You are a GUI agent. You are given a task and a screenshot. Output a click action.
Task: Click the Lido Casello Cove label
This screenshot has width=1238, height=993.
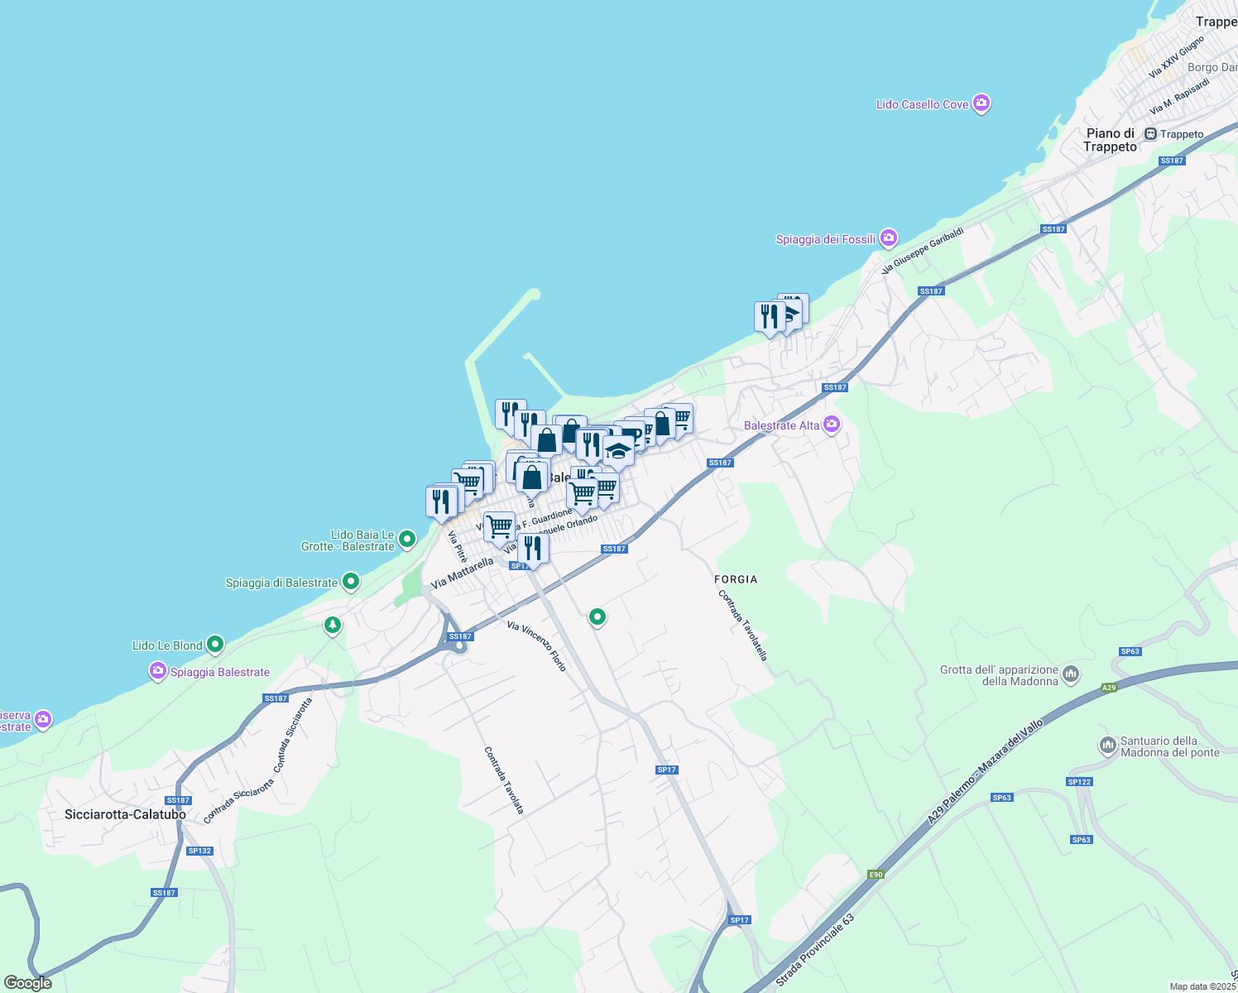coord(922,105)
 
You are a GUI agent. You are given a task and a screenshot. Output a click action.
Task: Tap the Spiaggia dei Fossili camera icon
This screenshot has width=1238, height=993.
coord(889,238)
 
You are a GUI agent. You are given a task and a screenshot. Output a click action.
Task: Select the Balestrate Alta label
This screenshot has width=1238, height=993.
coord(781,425)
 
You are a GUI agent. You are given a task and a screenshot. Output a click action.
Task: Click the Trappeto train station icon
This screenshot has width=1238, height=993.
coord(1150,134)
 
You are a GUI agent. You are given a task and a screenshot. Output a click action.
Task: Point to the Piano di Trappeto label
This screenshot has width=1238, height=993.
coord(1110,140)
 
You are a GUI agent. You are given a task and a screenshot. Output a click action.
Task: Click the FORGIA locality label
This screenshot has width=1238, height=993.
coord(736,579)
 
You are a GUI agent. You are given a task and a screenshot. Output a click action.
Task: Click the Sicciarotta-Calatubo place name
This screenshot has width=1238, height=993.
coord(125,814)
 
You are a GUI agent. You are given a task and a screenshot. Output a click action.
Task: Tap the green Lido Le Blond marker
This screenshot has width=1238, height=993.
coord(215,644)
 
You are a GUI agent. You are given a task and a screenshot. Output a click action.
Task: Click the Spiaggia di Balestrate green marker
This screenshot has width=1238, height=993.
coord(351,582)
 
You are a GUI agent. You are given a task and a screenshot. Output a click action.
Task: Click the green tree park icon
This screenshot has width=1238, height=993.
coord(333,625)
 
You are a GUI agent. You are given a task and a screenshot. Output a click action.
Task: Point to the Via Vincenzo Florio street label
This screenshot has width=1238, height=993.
coord(537,646)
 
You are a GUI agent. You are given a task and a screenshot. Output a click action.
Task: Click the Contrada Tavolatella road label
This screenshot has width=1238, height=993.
coord(742,625)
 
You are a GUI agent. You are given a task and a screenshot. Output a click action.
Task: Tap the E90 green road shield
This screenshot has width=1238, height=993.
coord(876,875)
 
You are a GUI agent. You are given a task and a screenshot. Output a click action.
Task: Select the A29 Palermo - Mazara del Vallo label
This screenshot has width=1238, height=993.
coord(985,771)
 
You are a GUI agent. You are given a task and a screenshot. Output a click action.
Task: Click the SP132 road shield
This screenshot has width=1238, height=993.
coord(199,851)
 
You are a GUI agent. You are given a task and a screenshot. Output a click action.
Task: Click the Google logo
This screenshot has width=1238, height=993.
coord(28,983)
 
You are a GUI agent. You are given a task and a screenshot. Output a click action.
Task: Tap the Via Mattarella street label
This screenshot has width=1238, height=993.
coord(462,573)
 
